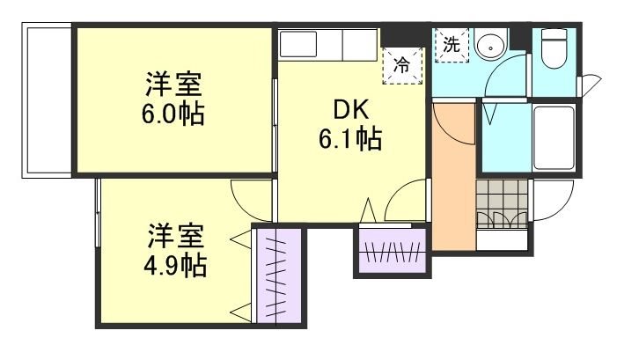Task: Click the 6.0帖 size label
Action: [174, 115]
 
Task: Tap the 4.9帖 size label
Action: [176, 265]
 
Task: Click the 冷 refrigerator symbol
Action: [400, 64]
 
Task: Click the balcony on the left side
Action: [47, 100]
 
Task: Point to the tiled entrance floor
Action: [503, 202]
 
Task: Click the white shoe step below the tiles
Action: [503, 239]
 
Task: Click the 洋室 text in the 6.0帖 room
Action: [174, 86]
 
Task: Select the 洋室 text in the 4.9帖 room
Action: [176, 236]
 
